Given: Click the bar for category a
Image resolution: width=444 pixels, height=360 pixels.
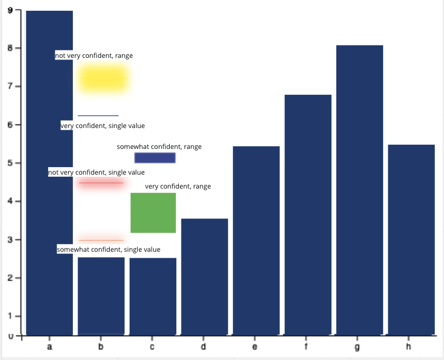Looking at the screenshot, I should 49,214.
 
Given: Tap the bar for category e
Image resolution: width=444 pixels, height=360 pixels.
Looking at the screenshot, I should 256,241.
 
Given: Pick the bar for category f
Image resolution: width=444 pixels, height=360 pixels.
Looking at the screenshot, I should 308,215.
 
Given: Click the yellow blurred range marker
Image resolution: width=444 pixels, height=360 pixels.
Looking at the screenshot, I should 104,79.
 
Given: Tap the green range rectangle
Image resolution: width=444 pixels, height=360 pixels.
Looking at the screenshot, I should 153,213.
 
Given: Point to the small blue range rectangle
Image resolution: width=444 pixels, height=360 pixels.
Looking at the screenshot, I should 155,157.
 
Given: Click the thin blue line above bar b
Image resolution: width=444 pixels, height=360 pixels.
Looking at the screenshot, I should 98,115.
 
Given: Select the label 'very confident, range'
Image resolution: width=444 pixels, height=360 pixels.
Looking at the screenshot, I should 178,186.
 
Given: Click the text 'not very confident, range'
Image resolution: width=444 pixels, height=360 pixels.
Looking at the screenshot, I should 94,56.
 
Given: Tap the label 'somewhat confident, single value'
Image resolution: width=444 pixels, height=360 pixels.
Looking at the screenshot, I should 109,250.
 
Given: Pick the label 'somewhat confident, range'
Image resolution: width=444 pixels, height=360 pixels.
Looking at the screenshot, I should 159,147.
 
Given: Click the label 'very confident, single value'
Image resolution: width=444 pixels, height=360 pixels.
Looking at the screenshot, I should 103,126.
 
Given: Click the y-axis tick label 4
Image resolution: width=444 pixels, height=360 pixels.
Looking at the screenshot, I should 10,201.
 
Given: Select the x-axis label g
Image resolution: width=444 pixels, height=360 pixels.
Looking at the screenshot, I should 358,347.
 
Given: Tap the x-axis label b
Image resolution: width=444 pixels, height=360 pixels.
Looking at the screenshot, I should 101,347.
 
